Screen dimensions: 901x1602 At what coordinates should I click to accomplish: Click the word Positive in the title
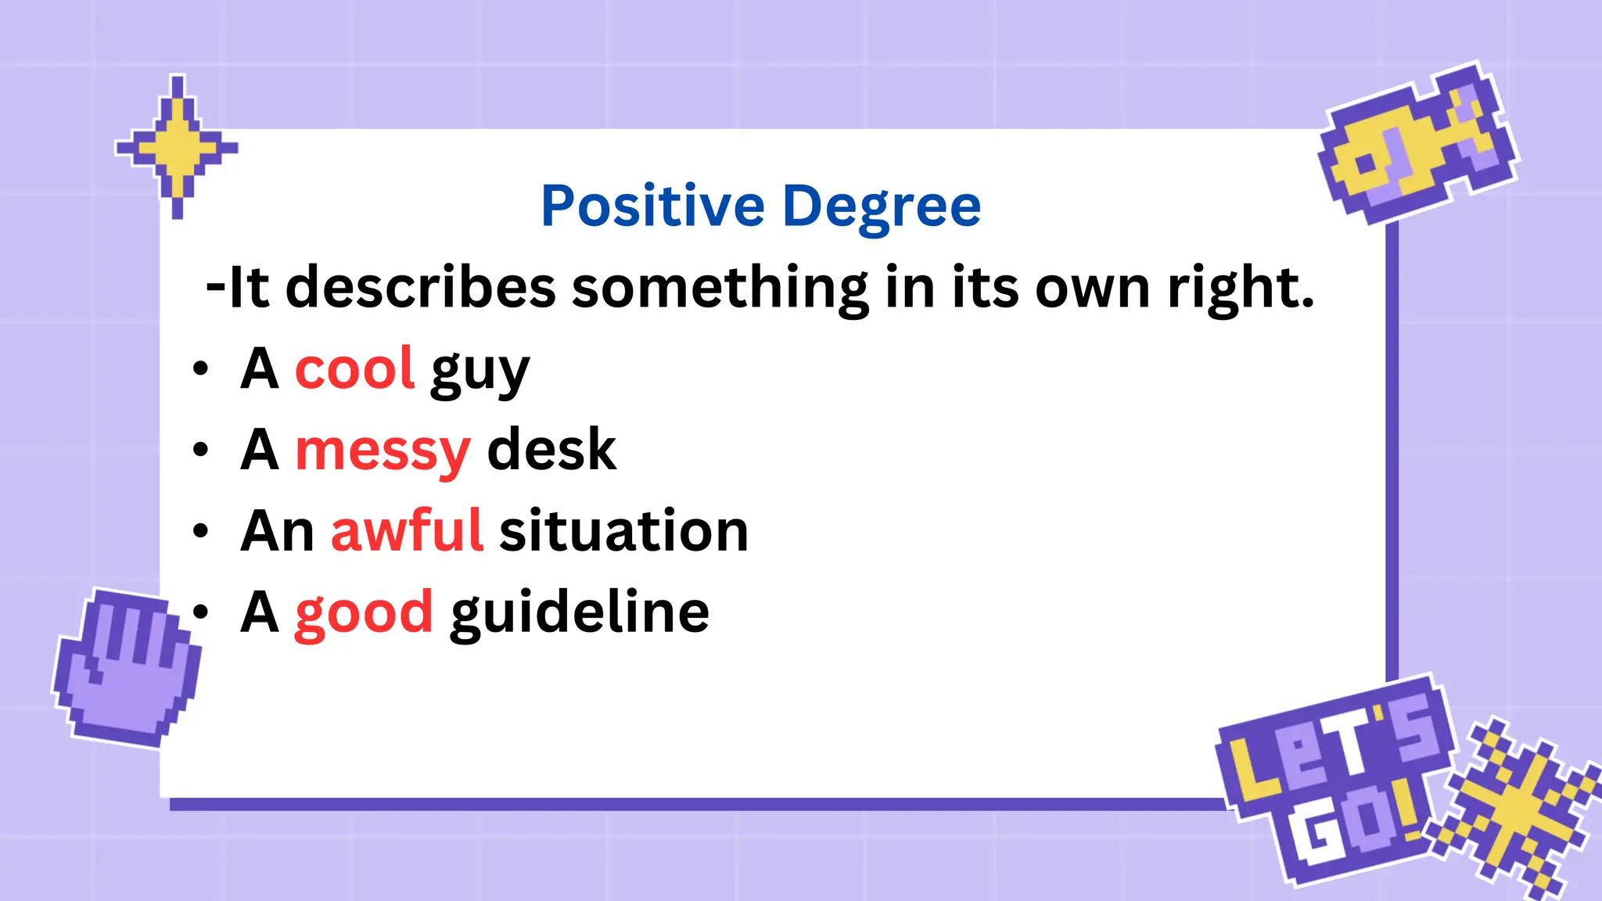(x=652, y=206)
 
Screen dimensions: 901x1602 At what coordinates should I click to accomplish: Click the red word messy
(x=383, y=450)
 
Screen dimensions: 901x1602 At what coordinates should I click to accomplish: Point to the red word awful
(x=407, y=531)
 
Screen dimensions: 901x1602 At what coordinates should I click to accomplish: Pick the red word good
(x=364, y=612)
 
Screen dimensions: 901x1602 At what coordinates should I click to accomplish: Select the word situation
(x=623, y=531)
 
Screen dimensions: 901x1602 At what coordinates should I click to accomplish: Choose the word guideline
(x=580, y=612)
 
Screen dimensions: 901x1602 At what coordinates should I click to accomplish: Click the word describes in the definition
(x=421, y=287)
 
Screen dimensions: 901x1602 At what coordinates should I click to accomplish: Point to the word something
(x=720, y=289)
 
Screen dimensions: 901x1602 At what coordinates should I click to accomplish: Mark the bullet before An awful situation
(x=201, y=531)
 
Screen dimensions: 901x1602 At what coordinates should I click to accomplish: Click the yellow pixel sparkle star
(x=178, y=147)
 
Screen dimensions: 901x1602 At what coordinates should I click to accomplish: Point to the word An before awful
(x=277, y=531)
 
